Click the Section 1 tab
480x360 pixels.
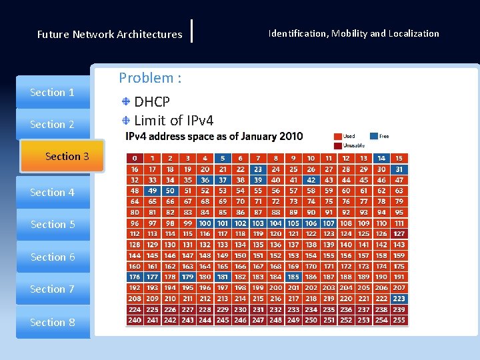click(x=53, y=93)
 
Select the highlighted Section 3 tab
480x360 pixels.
click(x=67, y=156)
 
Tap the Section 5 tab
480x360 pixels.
click(x=53, y=225)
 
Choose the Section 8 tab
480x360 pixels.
click(x=53, y=323)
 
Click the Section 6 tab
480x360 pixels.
click(x=53, y=257)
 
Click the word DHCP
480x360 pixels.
click(x=152, y=102)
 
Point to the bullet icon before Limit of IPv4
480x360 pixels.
click(x=126, y=120)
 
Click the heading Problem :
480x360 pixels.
click(x=150, y=78)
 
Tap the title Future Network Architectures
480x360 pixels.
click(x=109, y=34)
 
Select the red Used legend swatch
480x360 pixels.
click(x=338, y=136)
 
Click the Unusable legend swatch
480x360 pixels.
click(x=338, y=145)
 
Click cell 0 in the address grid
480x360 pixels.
click(x=135, y=159)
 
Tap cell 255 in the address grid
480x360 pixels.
click(x=399, y=321)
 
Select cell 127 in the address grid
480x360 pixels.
click(x=399, y=234)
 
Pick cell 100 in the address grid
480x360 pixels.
click(x=205, y=223)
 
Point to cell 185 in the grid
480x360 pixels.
click(x=293, y=277)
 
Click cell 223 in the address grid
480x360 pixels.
click(x=399, y=299)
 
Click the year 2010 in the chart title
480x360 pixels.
click(x=290, y=137)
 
